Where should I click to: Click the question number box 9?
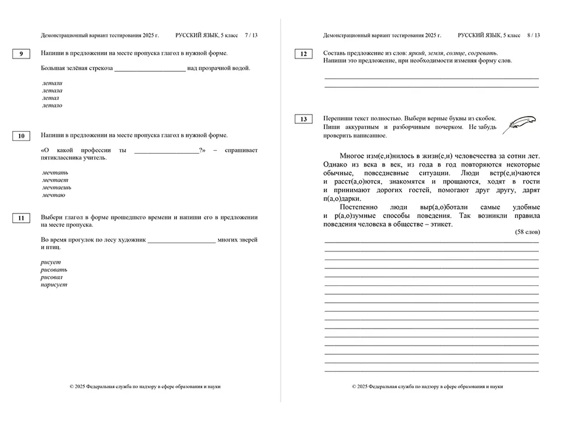[x=21, y=54]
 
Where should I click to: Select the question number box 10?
[x=21, y=136]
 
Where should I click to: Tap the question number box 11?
[x=21, y=219]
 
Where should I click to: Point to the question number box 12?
[x=303, y=54]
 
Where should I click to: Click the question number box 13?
[x=303, y=120]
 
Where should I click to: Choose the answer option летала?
[x=53, y=91]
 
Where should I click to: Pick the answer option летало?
[x=53, y=106]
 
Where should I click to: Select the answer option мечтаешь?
[x=57, y=188]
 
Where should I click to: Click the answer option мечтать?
[x=56, y=172]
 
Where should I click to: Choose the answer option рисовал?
[x=51, y=277]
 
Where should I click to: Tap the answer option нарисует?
[x=54, y=285]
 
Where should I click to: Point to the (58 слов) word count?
[x=527, y=232]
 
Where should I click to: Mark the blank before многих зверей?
[x=182, y=240]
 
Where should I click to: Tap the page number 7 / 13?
[x=251, y=36]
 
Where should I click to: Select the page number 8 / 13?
[x=533, y=36]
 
